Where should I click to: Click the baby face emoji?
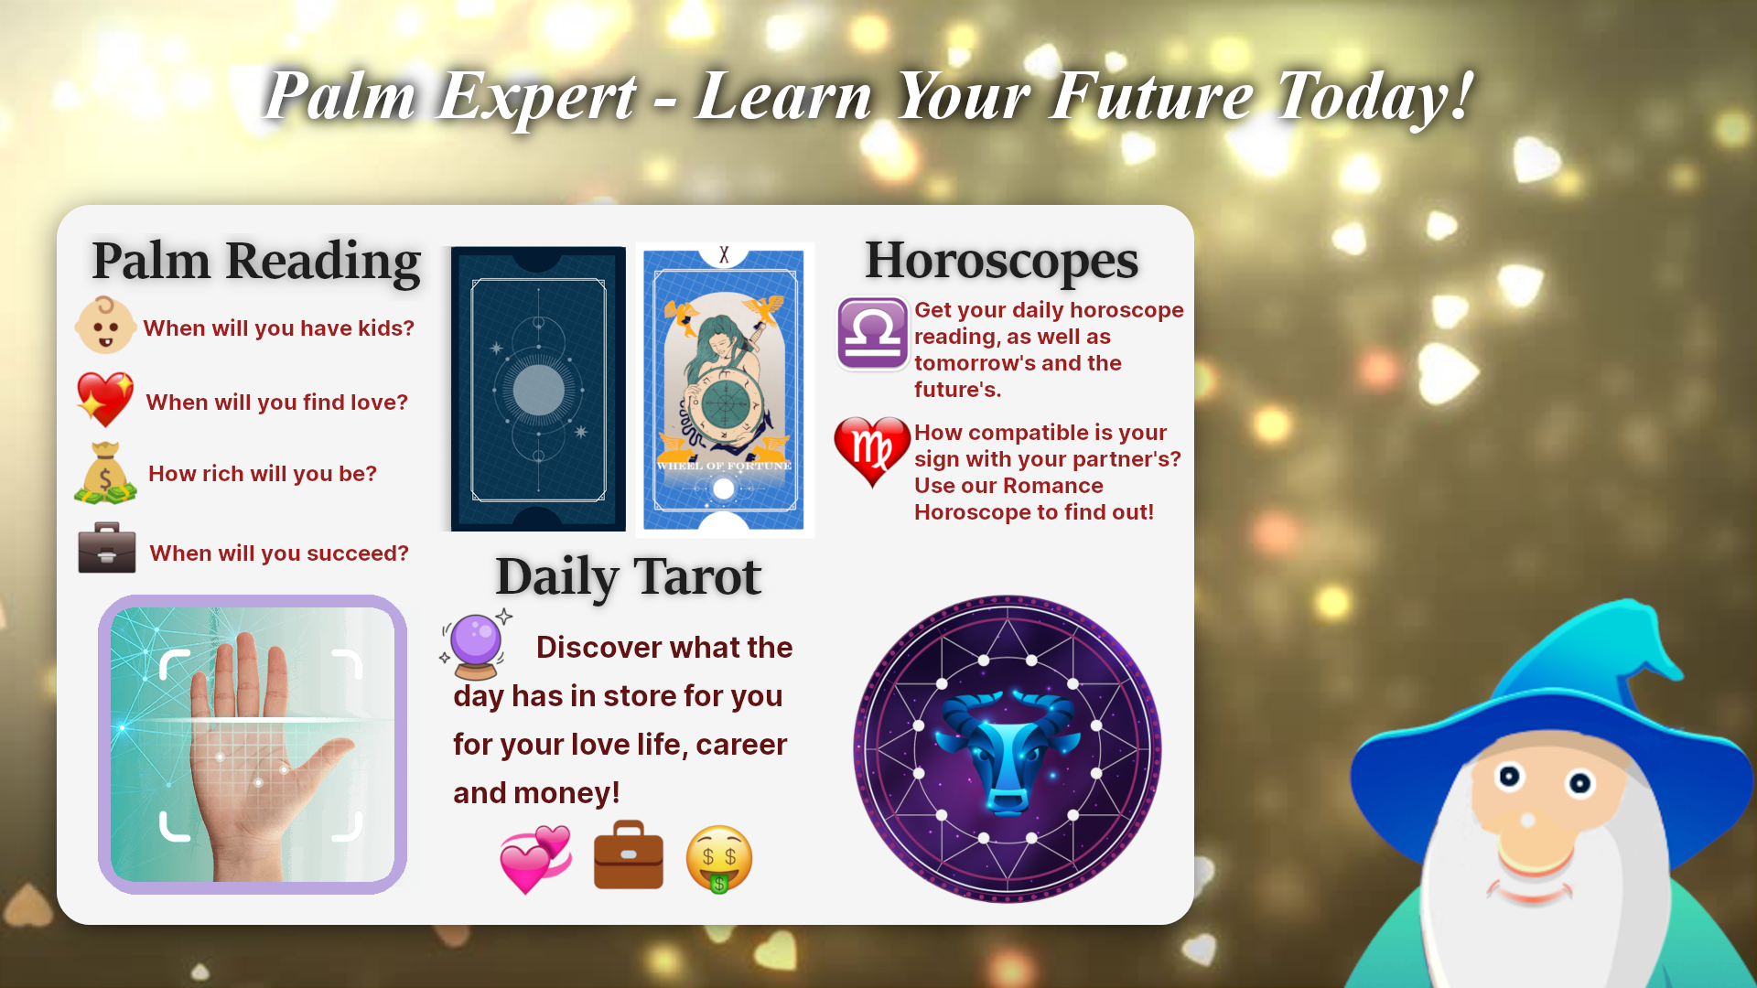[x=105, y=325]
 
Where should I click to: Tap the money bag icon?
[x=105, y=473]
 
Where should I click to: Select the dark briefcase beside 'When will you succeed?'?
[x=107, y=548]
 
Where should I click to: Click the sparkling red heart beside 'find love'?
[x=105, y=400]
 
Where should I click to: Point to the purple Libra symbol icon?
[x=873, y=333]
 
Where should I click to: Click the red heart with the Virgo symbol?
[x=872, y=451]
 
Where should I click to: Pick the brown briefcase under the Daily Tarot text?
[x=629, y=854]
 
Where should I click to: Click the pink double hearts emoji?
[x=536, y=859]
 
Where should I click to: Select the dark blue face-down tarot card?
[x=538, y=389]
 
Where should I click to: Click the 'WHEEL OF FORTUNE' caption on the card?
[x=724, y=466]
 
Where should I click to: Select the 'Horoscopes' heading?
[x=1002, y=261]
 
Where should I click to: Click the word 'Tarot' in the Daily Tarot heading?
[x=697, y=576]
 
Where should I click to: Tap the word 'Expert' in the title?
[x=536, y=97]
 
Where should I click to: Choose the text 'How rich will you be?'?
[x=263, y=474]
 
